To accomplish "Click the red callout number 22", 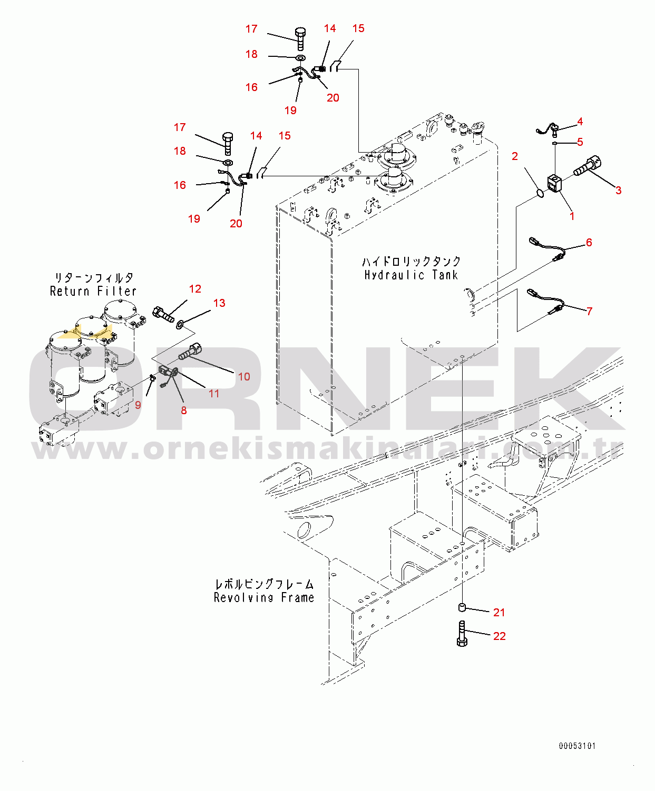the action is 499,636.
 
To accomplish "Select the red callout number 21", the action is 498,613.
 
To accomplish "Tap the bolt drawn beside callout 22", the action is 462,634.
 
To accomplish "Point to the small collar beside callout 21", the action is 462,608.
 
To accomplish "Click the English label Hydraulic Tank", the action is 411,275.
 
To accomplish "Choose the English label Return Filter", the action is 93,291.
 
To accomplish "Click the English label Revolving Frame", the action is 264,597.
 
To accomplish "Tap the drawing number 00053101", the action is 577,746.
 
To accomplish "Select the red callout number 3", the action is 618,190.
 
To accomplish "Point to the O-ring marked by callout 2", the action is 540,193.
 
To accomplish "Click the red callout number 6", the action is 589,243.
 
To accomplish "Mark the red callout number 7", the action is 589,311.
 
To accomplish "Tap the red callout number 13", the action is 219,303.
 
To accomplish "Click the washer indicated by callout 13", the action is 180,324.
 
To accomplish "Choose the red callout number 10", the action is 245,377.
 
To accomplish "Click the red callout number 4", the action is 580,121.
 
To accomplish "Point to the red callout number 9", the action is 138,405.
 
